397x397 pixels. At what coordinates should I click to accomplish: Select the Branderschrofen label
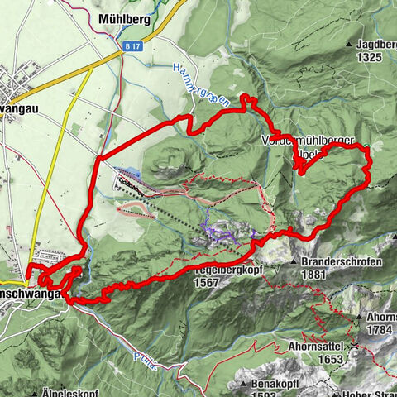pyautogui.click(x=340, y=262)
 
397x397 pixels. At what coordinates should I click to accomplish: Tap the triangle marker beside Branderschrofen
pyautogui.click(x=295, y=261)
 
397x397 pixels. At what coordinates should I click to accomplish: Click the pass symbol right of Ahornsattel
pyautogui.click(x=354, y=346)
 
